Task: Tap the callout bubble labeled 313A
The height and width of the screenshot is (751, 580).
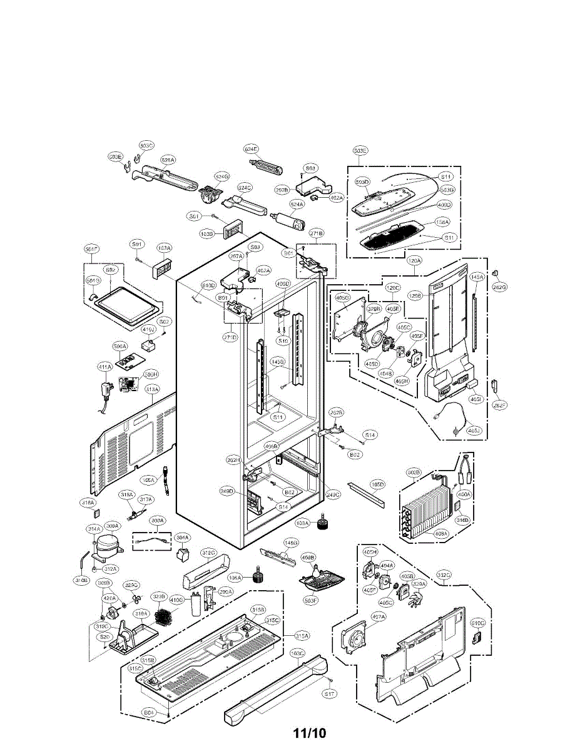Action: coord(152,389)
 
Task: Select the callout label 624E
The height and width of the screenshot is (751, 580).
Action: coord(251,149)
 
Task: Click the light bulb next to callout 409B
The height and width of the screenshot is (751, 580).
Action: coord(312,566)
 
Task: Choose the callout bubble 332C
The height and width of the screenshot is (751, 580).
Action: coord(444,575)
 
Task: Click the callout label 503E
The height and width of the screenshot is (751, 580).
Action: coord(360,151)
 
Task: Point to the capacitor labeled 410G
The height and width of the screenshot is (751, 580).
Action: coord(199,603)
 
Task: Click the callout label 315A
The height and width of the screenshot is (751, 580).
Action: coord(302,636)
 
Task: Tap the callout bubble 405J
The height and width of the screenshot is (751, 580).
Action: coord(475,431)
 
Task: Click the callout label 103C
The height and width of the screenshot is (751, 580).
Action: coord(297,653)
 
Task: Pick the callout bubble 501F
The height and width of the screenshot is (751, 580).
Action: coord(92,249)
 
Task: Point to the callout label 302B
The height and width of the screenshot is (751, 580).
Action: coord(414,471)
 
